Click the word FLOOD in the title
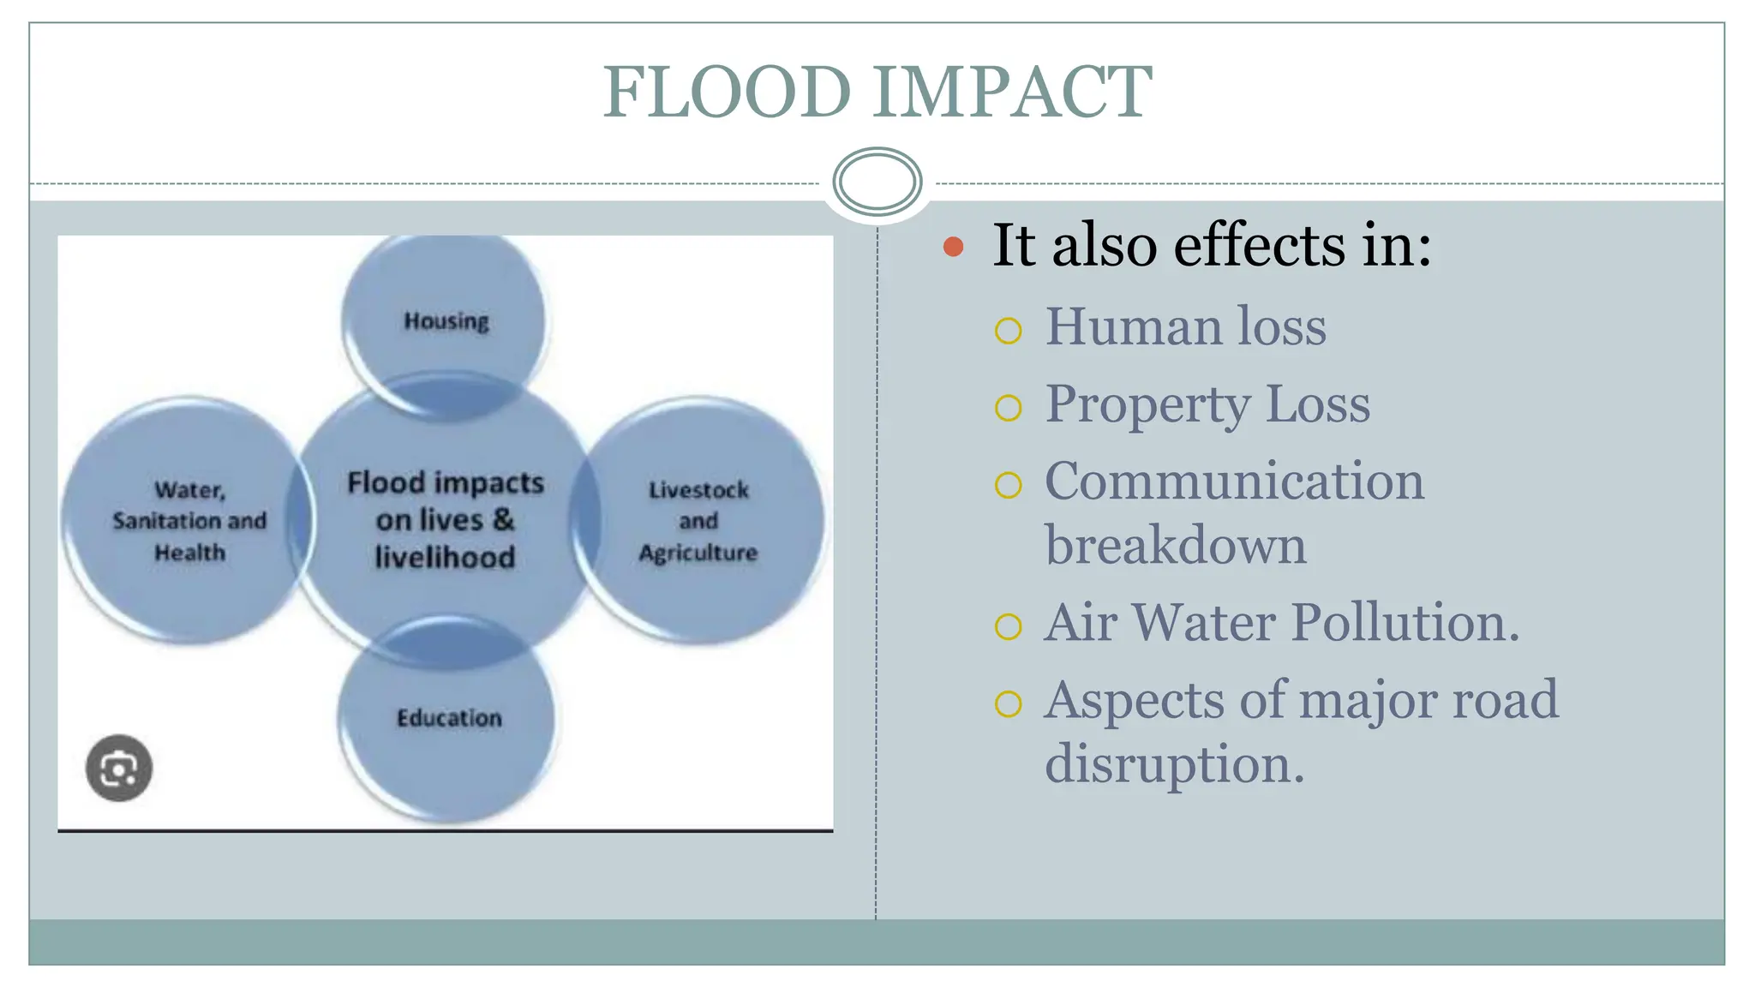pos(727,92)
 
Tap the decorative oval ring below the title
pos(877,182)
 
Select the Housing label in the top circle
pos(446,321)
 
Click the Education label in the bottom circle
pos(449,718)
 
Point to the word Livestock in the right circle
pos(698,490)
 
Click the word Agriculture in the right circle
pos(698,553)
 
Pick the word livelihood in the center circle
pos(445,558)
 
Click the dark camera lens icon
pos(119,768)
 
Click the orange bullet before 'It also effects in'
pos(953,248)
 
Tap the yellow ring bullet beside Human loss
pos(1009,331)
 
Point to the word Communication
pos(1234,482)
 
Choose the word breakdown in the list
pos(1176,546)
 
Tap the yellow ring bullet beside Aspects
pos(1009,704)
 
